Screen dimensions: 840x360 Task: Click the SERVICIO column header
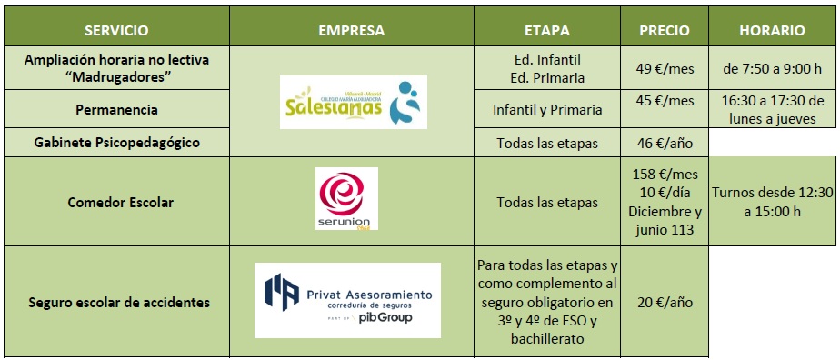pyautogui.click(x=116, y=31)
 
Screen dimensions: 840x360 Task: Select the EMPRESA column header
pyautogui.click(x=352, y=31)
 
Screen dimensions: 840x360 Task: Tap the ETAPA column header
pyautogui.click(x=547, y=31)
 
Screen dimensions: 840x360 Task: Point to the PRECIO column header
pyautogui.click(x=665, y=31)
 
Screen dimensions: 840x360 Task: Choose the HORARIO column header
pyautogui.click(x=772, y=31)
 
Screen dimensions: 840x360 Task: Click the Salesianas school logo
pyautogui.click(x=354, y=103)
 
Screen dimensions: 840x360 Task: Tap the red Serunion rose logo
pyautogui.click(x=346, y=199)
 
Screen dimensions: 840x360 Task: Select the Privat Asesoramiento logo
pyautogui.click(x=347, y=300)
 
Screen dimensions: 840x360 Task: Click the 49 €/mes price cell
pyautogui.click(x=665, y=68)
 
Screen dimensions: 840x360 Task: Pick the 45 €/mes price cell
pyautogui.click(x=665, y=101)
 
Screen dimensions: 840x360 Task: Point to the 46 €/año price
pyautogui.click(x=665, y=144)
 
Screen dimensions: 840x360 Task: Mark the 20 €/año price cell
pyautogui.click(x=665, y=303)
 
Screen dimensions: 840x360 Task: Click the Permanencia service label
pyautogui.click(x=116, y=110)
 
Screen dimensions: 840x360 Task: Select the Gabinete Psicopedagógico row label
pyautogui.click(x=116, y=143)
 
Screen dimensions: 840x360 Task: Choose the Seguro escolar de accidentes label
pyautogui.click(x=118, y=303)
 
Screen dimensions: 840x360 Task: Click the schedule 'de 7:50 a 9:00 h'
pyautogui.click(x=772, y=68)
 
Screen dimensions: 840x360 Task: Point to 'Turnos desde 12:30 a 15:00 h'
pyautogui.click(x=772, y=203)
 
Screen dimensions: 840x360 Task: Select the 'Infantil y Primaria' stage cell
pyautogui.click(x=547, y=110)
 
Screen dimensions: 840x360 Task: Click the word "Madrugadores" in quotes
pyautogui.click(x=116, y=77)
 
